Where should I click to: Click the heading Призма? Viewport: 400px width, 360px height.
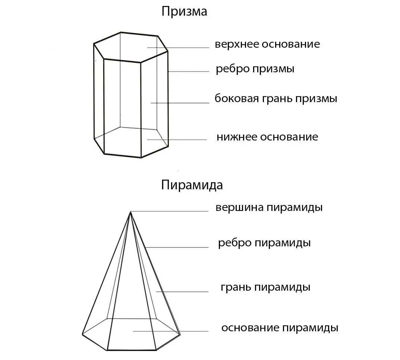(184, 12)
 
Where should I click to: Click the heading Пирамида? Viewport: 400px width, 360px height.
(192, 185)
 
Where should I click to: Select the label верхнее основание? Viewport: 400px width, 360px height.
(267, 44)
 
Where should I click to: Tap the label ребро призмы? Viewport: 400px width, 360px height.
(255, 69)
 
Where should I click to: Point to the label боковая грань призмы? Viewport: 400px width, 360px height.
(276, 99)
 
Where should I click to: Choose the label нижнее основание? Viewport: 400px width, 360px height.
(267, 137)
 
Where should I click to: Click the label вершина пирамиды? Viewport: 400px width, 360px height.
(269, 207)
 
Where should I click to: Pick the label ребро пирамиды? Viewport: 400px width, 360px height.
(264, 243)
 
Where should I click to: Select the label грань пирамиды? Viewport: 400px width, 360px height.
(265, 288)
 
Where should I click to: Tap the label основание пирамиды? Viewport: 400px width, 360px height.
(280, 328)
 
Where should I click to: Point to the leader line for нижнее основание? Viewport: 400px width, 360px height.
(177, 140)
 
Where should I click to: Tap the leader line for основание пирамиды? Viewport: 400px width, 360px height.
(170, 331)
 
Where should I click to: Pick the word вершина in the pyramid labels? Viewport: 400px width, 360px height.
(240, 207)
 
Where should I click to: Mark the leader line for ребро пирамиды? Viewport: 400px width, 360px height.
(177, 247)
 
